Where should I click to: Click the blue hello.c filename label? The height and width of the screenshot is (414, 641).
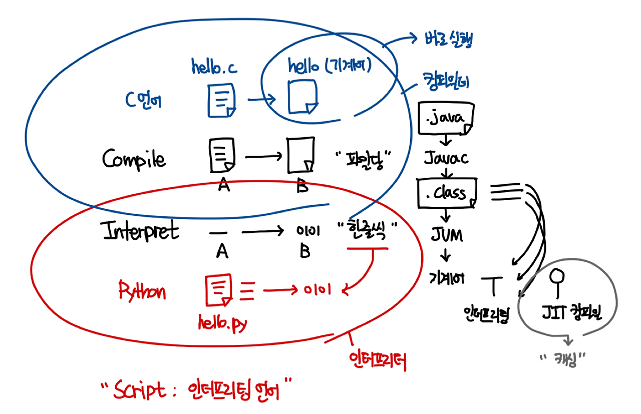[x=214, y=67]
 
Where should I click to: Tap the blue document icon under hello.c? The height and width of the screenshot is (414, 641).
[x=221, y=100]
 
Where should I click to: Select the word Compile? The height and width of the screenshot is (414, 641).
[x=134, y=159]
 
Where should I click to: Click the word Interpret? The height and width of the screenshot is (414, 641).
[x=140, y=232]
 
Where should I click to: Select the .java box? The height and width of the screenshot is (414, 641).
[x=445, y=120]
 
